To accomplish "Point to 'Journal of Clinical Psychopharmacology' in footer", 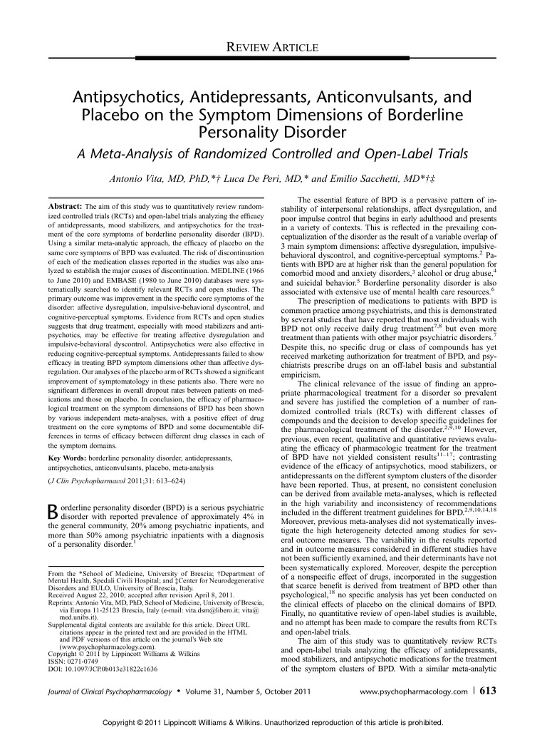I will [112, 692].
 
